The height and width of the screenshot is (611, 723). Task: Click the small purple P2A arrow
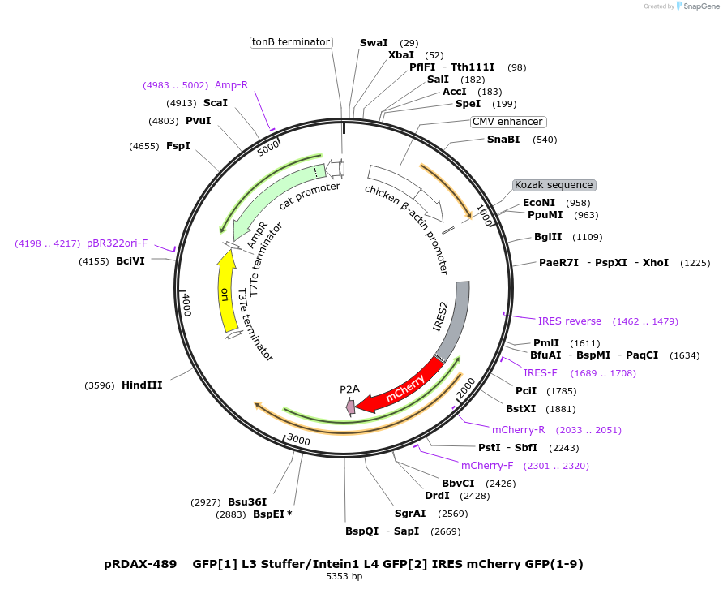tap(350, 407)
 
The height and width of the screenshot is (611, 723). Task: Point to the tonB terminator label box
tap(291, 42)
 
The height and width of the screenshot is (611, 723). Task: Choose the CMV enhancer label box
tap(508, 122)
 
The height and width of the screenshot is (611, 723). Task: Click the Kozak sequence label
tap(554, 185)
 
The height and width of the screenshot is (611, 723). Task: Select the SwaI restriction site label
tap(374, 42)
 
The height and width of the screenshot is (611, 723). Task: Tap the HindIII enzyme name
tap(142, 385)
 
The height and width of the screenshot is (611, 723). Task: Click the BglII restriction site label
tap(548, 237)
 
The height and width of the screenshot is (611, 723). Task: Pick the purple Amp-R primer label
tap(231, 84)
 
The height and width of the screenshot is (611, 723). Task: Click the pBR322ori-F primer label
tap(117, 243)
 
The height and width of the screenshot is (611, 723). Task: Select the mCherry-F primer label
tap(487, 466)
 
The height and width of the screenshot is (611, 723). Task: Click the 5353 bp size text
tap(344, 577)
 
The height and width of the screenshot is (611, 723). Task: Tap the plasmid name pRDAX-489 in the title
tap(140, 564)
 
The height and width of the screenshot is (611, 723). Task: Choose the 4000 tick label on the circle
tap(186, 305)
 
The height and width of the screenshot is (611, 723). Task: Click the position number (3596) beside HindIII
tap(101, 385)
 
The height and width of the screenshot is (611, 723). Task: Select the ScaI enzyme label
tap(216, 103)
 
